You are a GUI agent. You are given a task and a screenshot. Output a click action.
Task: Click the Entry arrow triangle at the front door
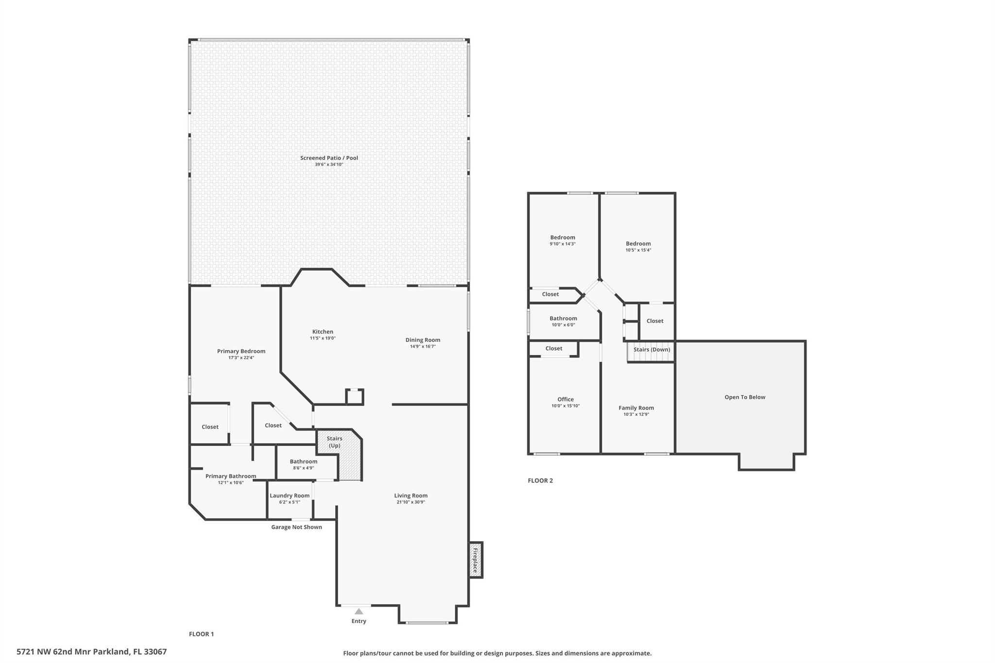(x=359, y=612)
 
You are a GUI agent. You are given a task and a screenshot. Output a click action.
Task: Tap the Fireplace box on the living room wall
(x=476, y=560)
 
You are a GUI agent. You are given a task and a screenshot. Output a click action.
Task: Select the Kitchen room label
(x=323, y=332)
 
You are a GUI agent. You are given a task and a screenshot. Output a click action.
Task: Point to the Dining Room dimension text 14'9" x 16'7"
(x=423, y=346)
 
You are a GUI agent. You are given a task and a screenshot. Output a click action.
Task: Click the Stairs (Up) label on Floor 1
(x=334, y=442)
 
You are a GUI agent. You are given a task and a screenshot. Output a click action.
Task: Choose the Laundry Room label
(x=290, y=495)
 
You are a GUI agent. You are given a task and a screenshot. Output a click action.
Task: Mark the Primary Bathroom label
(x=231, y=476)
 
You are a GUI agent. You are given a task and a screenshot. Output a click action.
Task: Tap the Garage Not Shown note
(x=296, y=527)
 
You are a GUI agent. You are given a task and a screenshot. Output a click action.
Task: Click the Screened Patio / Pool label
(x=329, y=158)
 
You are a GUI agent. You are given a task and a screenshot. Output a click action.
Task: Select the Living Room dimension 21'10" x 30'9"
(x=411, y=502)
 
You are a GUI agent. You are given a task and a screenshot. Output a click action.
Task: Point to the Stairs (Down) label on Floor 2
(x=652, y=350)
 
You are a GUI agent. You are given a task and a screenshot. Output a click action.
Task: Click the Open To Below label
(x=745, y=397)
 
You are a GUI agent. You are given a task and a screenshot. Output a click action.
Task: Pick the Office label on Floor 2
(x=566, y=399)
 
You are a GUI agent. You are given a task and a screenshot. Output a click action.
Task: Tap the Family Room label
(x=636, y=408)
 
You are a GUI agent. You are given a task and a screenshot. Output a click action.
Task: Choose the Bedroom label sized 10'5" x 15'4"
(x=638, y=244)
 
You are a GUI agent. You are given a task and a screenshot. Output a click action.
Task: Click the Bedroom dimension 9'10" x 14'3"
(x=563, y=244)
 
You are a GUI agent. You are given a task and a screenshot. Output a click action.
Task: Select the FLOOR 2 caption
(x=540, y=480)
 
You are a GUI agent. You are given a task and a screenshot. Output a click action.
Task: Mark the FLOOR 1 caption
(x=201, y=634)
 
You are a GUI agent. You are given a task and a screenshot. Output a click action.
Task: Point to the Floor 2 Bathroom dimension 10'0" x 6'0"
(x=563, y=325)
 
